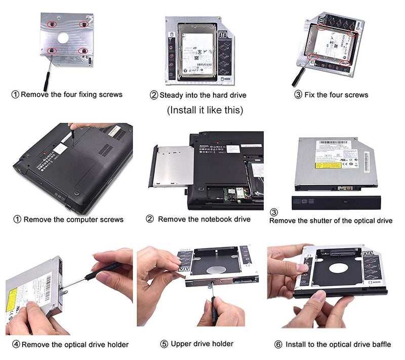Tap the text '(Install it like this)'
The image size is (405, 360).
tap(205, 110)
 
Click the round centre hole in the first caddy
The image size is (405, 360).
tap(62, 37)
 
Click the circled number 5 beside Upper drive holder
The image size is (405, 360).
tap(164, 344)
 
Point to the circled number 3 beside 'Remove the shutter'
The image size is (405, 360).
tap(274, 212)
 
